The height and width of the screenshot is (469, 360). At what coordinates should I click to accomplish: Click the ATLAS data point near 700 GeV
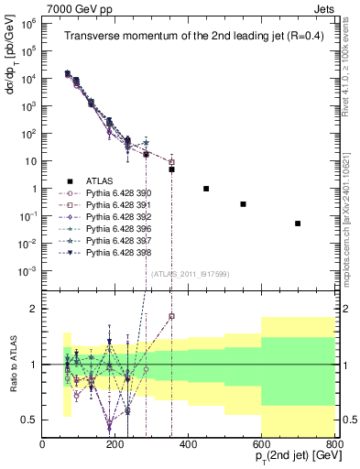298,224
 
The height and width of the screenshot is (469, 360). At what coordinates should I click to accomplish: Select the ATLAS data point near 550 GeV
243,204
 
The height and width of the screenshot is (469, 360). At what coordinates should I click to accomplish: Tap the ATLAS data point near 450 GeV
206,189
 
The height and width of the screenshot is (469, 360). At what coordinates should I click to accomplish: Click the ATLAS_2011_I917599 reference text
188,273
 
